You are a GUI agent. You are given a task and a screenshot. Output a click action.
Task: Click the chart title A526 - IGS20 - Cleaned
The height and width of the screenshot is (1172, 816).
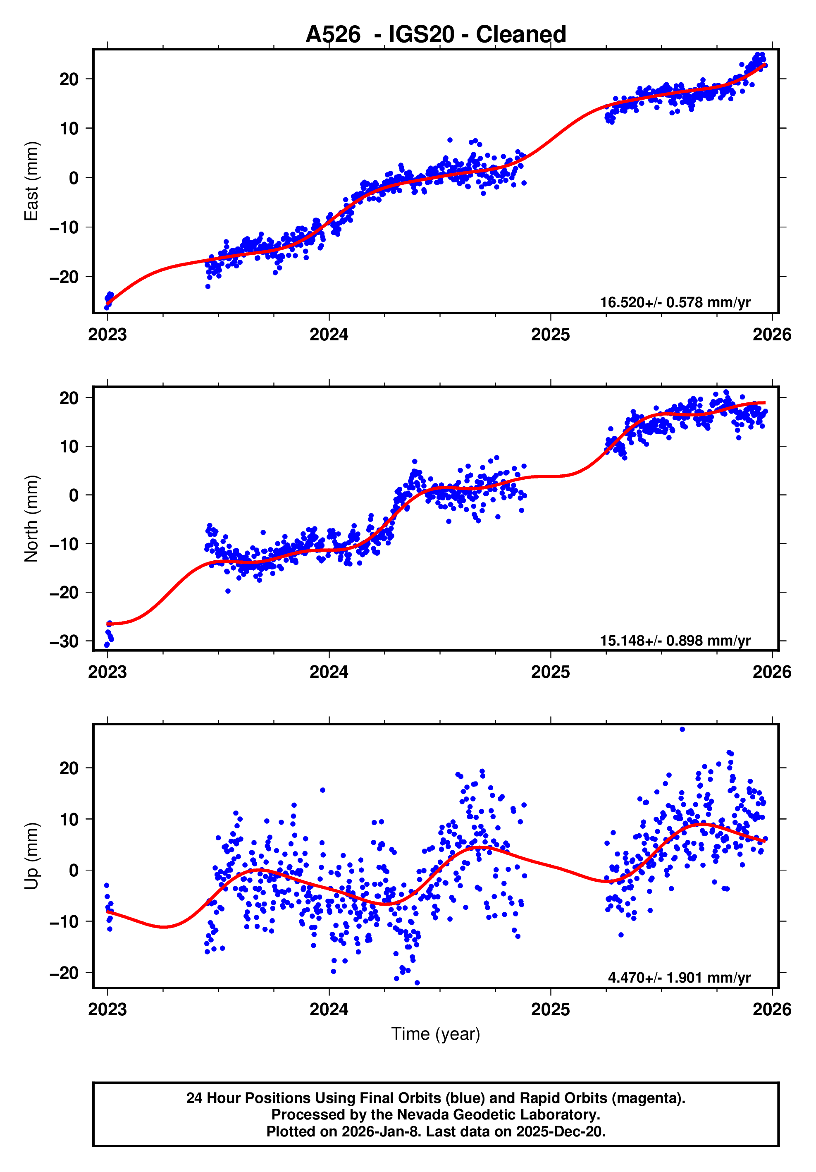(x=435, y=35)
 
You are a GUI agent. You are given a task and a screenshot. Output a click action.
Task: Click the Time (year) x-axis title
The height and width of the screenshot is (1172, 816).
(x=435, y=1033)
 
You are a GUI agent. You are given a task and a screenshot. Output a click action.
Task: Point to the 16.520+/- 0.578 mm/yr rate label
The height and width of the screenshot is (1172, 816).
(x=675, y=302)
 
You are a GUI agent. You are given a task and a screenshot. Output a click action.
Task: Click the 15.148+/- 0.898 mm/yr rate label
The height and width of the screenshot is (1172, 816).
(x=675, y=640)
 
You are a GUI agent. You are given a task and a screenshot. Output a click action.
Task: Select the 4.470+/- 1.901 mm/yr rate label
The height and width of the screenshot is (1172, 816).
(x=679, y=978)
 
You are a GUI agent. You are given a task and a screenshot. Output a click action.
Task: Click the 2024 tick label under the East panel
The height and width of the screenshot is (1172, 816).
(x=329, y=335)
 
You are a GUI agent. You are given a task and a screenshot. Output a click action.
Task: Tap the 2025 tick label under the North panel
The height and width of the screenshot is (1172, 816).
(x=550, y=672)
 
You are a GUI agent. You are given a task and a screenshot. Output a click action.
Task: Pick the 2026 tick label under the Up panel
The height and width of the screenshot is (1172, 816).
(x=772, y=1009)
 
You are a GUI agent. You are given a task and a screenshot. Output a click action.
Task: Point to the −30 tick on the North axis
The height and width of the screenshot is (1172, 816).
(x=64, y=641)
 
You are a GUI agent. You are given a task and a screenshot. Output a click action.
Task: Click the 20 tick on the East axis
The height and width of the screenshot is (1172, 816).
(x=69, y=79)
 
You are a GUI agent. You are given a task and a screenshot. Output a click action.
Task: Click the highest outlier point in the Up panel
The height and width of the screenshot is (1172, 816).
(x=682, y=730)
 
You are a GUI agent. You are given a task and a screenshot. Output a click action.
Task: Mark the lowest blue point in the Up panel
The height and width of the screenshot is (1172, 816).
(x=417, y=983)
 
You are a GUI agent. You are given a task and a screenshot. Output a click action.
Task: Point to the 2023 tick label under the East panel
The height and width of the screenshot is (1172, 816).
(x=107, y=335)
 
